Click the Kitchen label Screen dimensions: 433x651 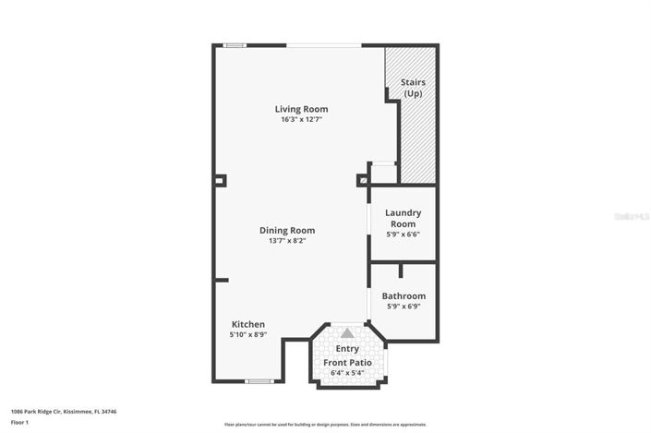(x=248, y=325)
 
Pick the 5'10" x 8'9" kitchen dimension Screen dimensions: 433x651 (x=248, y=335)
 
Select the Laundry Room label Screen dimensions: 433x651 (x=403, y=218)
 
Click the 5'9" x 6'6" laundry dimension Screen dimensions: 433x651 (x=403, y=235)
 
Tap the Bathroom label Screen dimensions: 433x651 (x=403, y=296)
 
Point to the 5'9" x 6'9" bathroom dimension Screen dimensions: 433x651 (x=403, y=307)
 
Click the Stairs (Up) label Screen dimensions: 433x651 (x=413, y=89)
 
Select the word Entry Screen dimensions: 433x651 (x=347, y=349)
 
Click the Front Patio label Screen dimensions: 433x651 (x=347, y=363)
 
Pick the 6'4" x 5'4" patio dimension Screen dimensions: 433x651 (x=347, y=373)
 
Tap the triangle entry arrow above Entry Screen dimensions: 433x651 (x=347, y=333)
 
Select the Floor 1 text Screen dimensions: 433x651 (x=20, y=423)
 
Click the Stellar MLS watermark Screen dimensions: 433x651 (x=631, y=215)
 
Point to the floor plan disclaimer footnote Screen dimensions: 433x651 (x=325, y=425)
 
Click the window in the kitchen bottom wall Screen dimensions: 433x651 (x=259, y=381)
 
